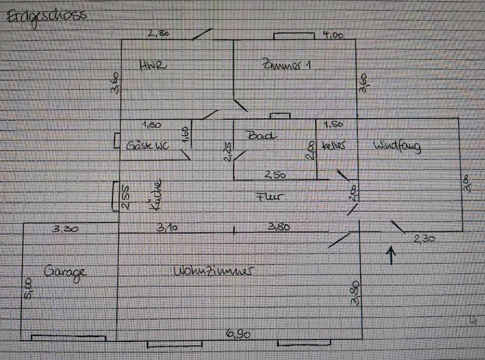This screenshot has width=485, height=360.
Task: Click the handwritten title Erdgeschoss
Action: [45, 16]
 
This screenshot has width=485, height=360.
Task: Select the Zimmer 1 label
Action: [285, 65]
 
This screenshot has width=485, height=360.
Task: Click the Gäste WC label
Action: [148, 146]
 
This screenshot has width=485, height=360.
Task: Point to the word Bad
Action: [262, 135]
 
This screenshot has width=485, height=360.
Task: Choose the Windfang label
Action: [397, 146]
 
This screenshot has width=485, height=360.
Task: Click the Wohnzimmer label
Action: [213, 271]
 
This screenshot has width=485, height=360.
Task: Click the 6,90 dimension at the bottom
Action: [238, 334]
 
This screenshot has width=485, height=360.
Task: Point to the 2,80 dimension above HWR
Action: [158, 34]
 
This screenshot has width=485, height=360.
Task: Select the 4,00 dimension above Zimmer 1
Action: [332, 35]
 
